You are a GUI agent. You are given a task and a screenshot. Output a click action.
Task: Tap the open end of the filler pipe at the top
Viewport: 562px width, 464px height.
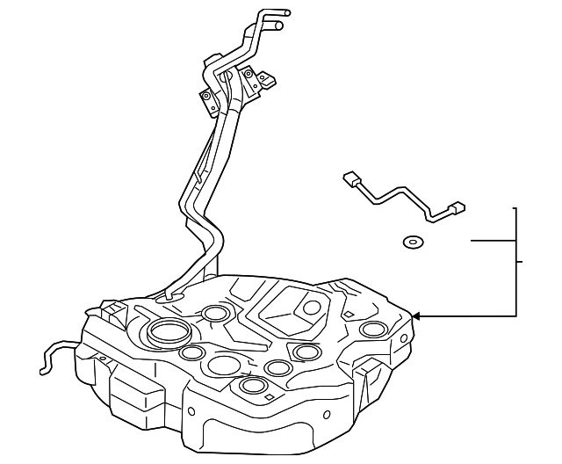tap(280, 26)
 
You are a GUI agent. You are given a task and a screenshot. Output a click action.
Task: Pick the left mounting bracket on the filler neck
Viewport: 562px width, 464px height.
tap(207, 98)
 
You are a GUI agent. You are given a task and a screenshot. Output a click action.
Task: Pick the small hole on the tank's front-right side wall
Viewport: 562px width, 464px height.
tap(327, 413)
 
